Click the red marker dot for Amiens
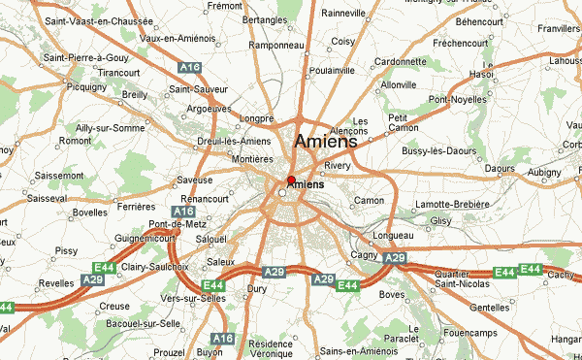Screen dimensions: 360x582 click(291, 180)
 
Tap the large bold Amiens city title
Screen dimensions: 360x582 click(325, 141)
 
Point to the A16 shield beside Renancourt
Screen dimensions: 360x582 click(181, 211)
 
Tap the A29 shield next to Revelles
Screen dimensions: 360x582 click(92, 278)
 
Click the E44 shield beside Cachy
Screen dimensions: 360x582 click(530, 269)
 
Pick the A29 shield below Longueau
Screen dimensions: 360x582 click(394, 258)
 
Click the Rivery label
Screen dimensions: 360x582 click(338, 166)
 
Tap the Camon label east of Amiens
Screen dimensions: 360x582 click(370, 201)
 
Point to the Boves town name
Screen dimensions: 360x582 click(392, 294)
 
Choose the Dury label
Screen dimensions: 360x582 click(257, 288)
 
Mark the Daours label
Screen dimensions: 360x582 click(499, 168)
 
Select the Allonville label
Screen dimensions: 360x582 click(399, 85)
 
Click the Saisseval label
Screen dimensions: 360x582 click(48, 197)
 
